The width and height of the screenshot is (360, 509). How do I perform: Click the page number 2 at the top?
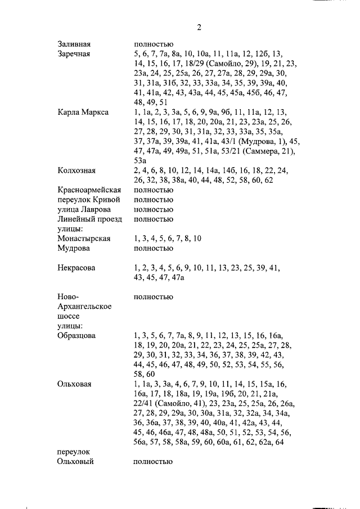(x=199, y=27)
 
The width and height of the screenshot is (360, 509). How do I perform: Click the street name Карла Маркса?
(x=83, y=112)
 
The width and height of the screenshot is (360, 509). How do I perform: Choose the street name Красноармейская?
(x=89, y=190)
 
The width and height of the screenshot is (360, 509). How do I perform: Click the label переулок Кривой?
(x=89, y=200)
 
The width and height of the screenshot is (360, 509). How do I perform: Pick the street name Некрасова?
(x=76, y=268)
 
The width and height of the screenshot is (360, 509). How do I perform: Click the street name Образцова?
(x=76, y=335)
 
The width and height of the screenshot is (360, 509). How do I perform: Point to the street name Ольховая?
(x=74, y=384)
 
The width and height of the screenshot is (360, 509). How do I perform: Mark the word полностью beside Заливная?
(x=153, y=44)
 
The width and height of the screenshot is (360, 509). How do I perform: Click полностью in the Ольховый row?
(x=153, y=462)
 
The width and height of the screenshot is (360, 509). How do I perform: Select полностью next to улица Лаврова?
(x=153, y=209)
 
